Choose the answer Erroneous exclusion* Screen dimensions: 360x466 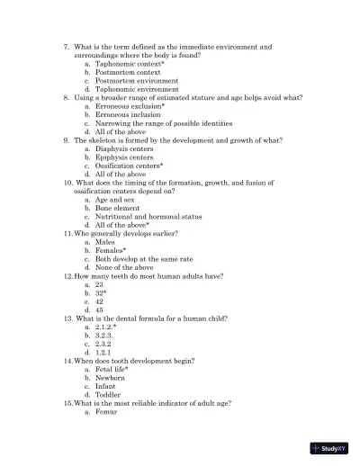[x=130, y=106]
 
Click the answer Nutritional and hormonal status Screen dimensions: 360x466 [x=148, y=216]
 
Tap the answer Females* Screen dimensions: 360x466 [x=111, y=250]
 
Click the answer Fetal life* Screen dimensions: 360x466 [x=112, y=369]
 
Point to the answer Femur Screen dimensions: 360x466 [x=106, y=411]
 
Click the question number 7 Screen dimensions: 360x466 [x=67, y=47]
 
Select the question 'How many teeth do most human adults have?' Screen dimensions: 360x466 [x=148, y=275]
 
